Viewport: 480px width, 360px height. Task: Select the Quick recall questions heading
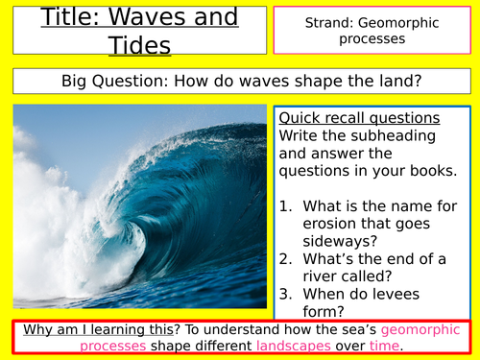[x=358, y=118]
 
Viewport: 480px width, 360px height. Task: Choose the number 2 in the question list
[x=287, y=256]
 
